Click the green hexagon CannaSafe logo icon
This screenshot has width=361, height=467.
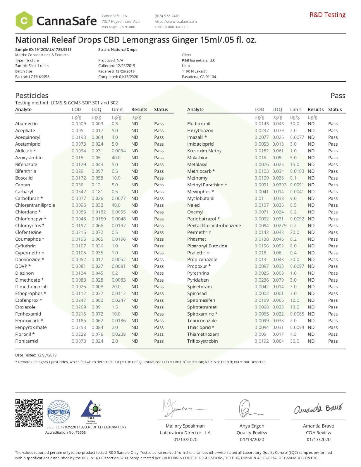pos(24,21)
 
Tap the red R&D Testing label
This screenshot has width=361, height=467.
pos(327,15)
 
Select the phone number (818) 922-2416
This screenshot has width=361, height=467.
pos(167,16)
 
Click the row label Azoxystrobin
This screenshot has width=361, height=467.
pos(29,158)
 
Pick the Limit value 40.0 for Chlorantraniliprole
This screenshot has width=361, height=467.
pos(116,205)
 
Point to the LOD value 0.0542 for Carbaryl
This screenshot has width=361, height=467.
pos(79,192)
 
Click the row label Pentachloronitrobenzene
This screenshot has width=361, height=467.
pos(214,225)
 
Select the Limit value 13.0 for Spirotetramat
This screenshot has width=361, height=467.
pos(295,307)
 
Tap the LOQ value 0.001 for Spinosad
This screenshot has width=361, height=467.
pos(278,293)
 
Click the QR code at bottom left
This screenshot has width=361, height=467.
pos(29,413)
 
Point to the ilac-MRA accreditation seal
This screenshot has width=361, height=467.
pos(59,412)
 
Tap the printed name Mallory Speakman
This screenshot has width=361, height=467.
pos(185,426)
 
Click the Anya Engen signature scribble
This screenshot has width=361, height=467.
pos(249,409)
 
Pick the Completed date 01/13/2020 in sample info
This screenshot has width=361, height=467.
pos(118,77)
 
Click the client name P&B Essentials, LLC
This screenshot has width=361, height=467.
pos(198,60)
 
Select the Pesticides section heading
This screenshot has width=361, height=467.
pos(32,96)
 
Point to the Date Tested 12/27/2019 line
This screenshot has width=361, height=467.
pos(36,355)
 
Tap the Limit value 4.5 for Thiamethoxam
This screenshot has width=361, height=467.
pos(293,334)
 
